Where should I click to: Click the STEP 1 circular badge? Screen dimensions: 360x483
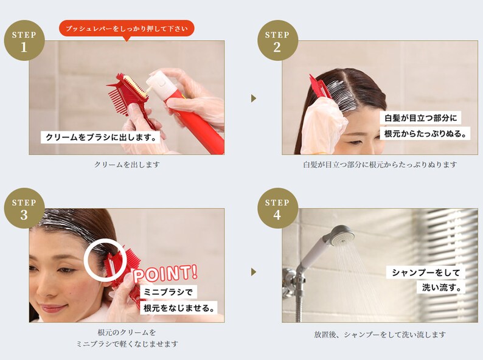[24, 41]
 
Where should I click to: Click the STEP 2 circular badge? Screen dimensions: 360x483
[277, 41]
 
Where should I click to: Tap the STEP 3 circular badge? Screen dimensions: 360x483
[24, 208]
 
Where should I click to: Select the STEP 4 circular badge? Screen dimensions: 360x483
[277, 208]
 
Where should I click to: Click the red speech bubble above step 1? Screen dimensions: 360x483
[127, 28]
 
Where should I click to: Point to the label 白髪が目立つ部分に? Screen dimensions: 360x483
[420, 117]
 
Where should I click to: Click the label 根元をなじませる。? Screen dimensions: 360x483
[179, 308]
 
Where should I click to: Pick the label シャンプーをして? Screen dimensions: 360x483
[425, 272]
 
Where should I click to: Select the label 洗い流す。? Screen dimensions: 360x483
[443, 287]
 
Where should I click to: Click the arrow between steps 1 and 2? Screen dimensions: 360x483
[254, 98]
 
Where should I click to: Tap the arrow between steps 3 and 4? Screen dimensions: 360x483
[254, 272]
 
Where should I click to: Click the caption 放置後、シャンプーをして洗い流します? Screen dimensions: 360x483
[380, 334]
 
